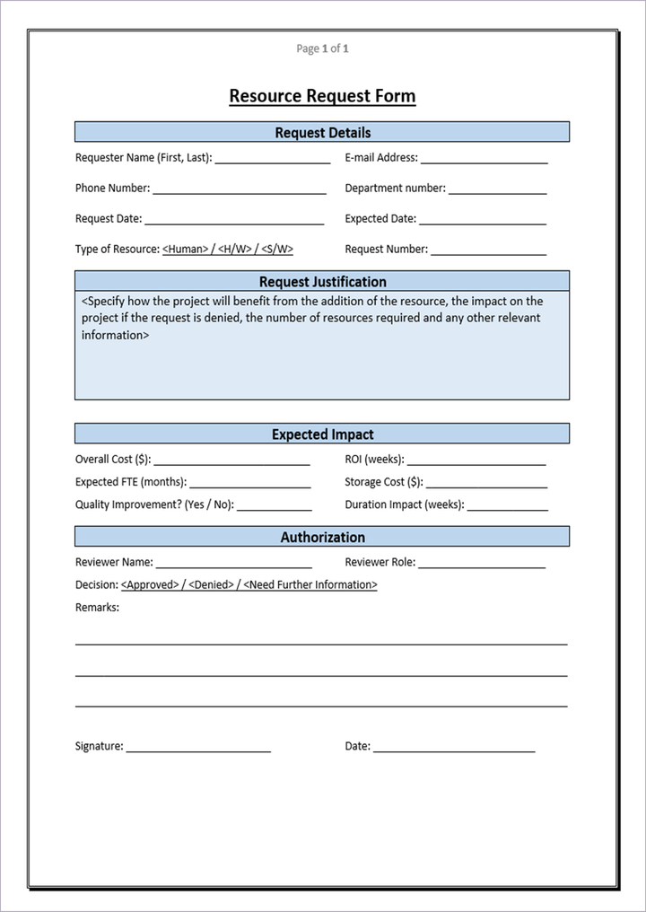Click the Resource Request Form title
[322, 96]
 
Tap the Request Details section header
[322, 133]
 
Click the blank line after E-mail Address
[484, 160]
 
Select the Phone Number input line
[239, 190]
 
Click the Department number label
[395, 189]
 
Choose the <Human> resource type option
[185, 250]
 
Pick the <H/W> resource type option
[235, 250]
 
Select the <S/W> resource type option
[277, 250]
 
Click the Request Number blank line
[488, 251]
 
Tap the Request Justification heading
[322, 282]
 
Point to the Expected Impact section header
[322, 434]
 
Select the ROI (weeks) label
[374, 460]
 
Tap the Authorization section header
[322, 538]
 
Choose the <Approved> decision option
[150, 585]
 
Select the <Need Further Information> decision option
[310, 585]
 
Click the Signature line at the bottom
[198, 749]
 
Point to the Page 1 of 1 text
[322, 48]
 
